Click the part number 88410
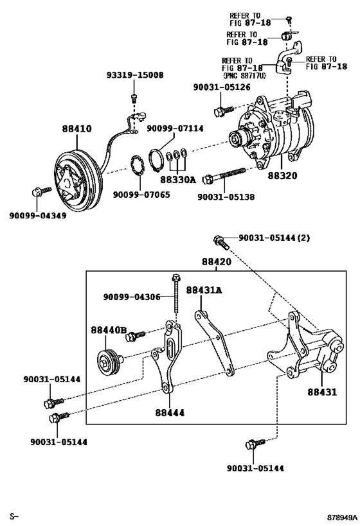(76, 128)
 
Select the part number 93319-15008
(134, 75)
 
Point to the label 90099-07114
(175, 128)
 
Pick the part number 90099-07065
(141, 194)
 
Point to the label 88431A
(204, 290)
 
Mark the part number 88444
(170, 412)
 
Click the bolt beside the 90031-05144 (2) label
(219, 243)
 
